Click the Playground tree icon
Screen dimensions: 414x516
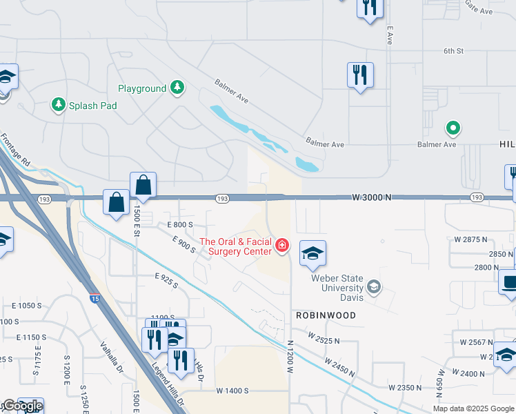click(179, 88)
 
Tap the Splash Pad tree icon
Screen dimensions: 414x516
click(58, 105)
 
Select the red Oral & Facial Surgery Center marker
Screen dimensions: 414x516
click(281, 245)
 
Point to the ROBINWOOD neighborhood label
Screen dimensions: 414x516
click(326, 315)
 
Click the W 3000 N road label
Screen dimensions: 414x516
click(371, 197)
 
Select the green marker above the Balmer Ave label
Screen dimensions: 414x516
click(453, 128)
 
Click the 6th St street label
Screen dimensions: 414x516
click(453, 51)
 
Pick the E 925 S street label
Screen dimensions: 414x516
click(167, 280)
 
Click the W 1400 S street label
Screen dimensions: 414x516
click(232, 391)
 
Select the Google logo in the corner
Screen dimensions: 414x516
click(22, 406)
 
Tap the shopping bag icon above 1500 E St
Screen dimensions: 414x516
click(143, 185)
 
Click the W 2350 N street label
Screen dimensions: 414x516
click(405, 388)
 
